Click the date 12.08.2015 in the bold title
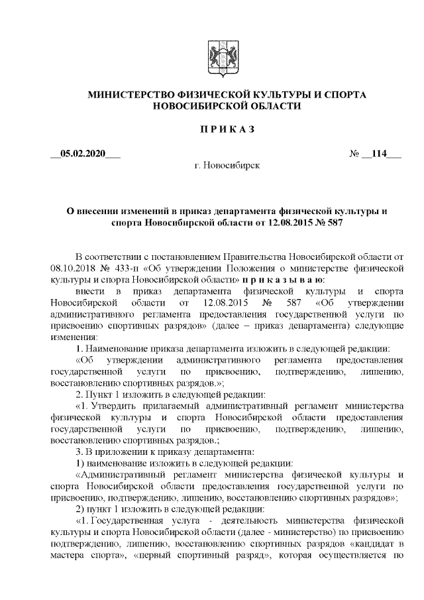[x=290, y=223]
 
